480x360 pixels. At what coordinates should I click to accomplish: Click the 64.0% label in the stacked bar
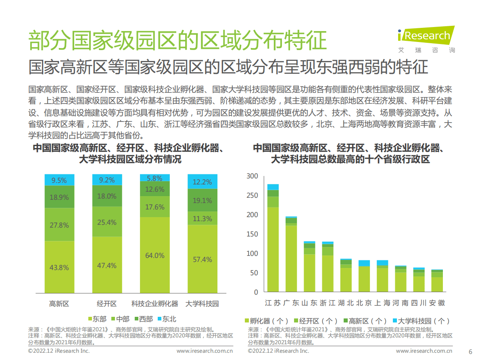(x=154, y=255)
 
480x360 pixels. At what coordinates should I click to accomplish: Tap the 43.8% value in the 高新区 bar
(x=59, y=267)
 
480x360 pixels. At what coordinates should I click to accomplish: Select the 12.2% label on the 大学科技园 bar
(x=202, y=182)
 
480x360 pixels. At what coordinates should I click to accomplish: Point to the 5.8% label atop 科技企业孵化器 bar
(x=154, y=178)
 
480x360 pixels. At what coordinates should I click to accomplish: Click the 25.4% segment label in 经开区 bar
(x=107, y=222)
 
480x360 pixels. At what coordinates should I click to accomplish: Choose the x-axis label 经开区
(x=107, y=303)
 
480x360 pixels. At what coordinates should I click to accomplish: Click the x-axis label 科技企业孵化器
(x=154, y=303)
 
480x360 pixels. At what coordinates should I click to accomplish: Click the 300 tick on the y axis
(x=252, y=176)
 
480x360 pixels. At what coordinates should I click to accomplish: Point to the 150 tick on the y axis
(x=252, y=234)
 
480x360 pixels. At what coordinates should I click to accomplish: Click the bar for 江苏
(x=273, y=238)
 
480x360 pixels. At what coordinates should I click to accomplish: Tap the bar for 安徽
(x=437, y=281)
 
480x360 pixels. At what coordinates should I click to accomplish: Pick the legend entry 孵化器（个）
(x=266, y=321)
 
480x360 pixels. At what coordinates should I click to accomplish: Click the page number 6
(x=470, y=351)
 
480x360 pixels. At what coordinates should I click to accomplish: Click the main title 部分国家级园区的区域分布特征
(x=177, y=40)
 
